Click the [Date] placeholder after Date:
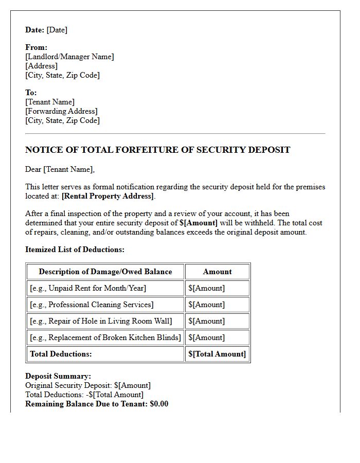(x=57, y=30)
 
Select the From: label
(x=36, y=47)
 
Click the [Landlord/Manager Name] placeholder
(x=69, y=57)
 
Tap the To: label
(x=31, y=93)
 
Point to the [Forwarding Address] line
(x=61, y=111)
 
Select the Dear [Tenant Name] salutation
(x=60, y=169)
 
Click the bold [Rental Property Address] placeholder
(x=107, y=196)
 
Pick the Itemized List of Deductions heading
(x=75, y=250)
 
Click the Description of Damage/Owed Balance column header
(x=105, y=272)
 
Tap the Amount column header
(x=217, y=272)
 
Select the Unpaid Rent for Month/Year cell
(x=88, y=288)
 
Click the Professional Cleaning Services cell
(x=92, y=305)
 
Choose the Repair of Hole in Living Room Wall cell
(x=101, y=321)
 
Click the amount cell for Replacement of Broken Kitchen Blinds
(x=206, y=337)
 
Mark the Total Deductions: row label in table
(x=61, y=354)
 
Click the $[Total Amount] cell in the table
(x=217, y=354)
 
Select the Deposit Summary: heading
(x=58, y=376)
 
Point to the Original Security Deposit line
(x=88, y=385)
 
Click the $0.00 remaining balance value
(x=159, y=404)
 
